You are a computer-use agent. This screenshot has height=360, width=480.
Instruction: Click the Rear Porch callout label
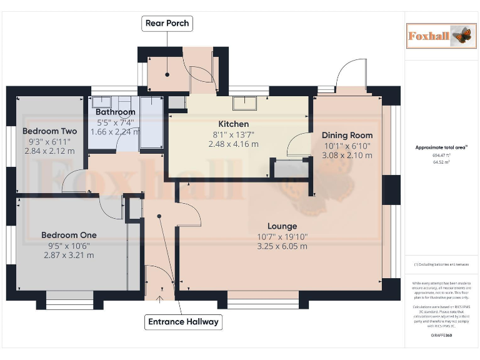point(167,24)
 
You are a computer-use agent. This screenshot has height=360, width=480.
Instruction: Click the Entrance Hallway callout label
point(183,322)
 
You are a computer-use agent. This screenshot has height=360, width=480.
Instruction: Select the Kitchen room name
point(233,124)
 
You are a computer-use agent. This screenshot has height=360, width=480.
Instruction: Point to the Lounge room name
point(282,226)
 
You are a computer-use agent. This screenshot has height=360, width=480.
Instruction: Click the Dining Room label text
point(347,135)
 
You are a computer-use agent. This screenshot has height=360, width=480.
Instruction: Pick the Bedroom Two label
point(49,131)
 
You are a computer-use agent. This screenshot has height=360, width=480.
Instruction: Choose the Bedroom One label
point(69,235)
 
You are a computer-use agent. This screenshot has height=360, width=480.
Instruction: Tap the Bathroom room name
point(116,112)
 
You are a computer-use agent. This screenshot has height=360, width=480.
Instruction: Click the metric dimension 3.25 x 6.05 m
point(282,246)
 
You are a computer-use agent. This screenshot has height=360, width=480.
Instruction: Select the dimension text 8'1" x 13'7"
point(233,134)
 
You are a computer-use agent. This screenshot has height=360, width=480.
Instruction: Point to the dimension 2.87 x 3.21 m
point(69,255)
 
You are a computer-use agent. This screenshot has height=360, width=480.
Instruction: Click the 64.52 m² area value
point(442,162)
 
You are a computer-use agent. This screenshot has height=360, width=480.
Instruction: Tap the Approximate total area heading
point(441,147)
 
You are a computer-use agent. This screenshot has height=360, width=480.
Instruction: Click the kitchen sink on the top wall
point(245,103)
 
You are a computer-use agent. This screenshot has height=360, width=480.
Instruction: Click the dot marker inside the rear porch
point(167,76)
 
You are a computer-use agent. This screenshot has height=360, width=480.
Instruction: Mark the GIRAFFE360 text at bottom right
point(441,336)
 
